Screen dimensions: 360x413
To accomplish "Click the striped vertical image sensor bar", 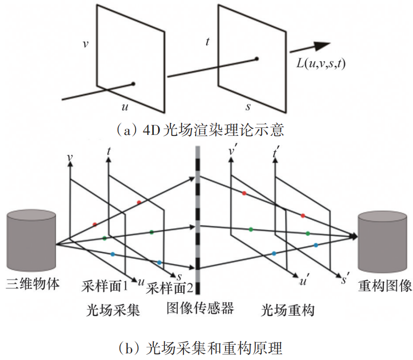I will [x=197, y=219].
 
